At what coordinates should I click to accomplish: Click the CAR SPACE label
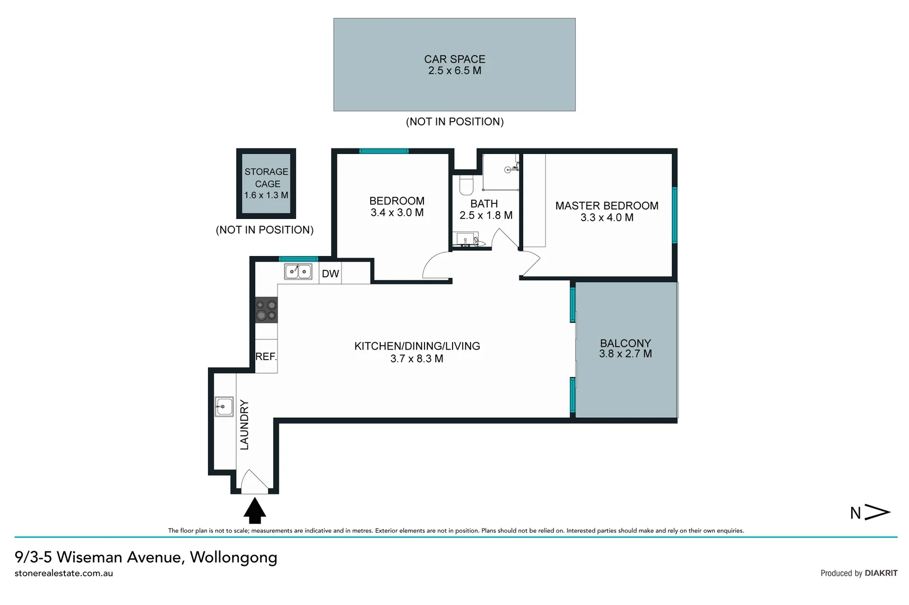click(x=454, y=59)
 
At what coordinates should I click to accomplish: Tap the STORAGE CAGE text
click(x=266, y=178)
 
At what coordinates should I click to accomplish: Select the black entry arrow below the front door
click(x=255, y=511)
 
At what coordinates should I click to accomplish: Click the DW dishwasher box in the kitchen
click(x=330, y=273)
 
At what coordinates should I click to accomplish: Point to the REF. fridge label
click(x=266, y=356)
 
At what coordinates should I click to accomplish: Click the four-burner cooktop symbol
click(x=266, y=310)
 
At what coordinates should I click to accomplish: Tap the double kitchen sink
click(x=298, y=272)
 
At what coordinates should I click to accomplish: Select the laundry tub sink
click(x=224, y=406)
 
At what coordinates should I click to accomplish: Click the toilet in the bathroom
click(x=466, y=185)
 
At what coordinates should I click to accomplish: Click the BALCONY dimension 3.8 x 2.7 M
click(x=625, y=354)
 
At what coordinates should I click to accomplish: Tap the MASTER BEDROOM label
click(x=607, y=206)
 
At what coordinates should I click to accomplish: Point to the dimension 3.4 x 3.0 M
click(x=397, y=213)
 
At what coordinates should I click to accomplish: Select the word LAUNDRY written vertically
click(x=244, y=425)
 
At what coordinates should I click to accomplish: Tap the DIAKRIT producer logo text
click(x=881, y=573)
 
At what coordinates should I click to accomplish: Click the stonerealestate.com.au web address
click(x=64, y=573)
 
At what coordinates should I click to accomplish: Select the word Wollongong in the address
click(x=233, y=557)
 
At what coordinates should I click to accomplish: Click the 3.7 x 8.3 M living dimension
click(x=417, y=359)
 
